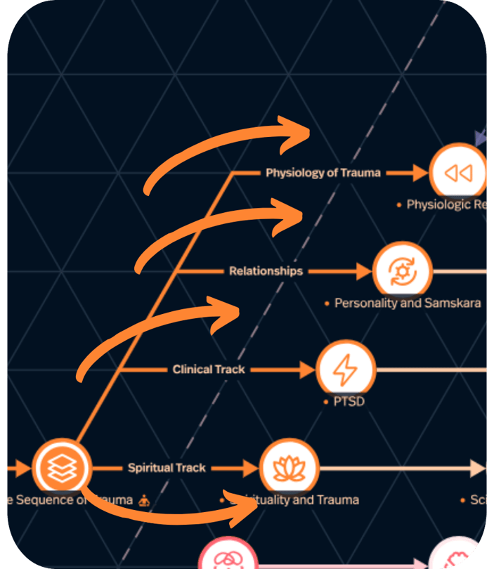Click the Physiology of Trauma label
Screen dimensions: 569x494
pyautogui.click(x=323, y=173)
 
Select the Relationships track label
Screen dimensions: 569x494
pyautogui.click(x=266, y=271)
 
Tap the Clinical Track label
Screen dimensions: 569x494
pyautogui.click(x=209, y=369)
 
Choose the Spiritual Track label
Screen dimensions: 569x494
pyautogui.click(x=167, y=468)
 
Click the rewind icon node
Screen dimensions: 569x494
pyautogui.click(x=458, y=173)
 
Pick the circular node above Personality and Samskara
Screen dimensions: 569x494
pyautogui.click(x=402, y=271)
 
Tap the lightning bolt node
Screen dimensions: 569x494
pyautogui.click(x=345, y=369)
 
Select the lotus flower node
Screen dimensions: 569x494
pyautogui.click(x=289, y=468)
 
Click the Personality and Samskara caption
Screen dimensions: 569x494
pyautogui.click(x=408, y=303)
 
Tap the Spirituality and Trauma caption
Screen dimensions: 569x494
pyautogui.click(x=295, y=500)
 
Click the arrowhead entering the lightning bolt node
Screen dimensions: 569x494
pyautogui.click(x=307, y=369)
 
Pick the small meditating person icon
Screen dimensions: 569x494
pyautogui.click(x=144, y=501)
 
